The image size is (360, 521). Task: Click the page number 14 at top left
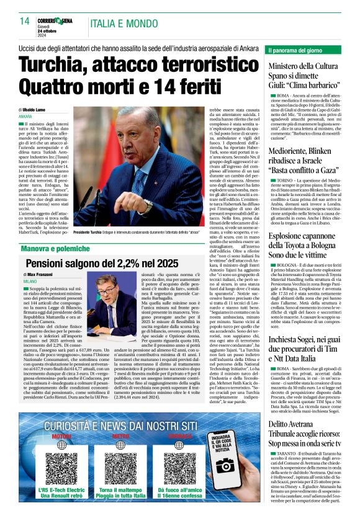pyautogui.click(x=25, y=22)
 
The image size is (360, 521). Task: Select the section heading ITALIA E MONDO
pyautogui.click(x=119, y=23)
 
